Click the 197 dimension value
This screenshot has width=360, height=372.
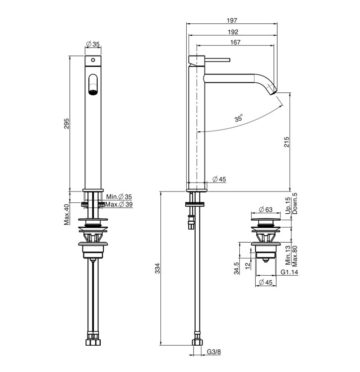pyautogui.click(x=232, y=20)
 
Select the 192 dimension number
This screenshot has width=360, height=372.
pyautogui.click(x=233, y=32)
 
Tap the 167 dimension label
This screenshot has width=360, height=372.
pyautogui.click(x=235, y=42)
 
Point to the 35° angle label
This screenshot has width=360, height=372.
pyautogui.click(x=239, y=118)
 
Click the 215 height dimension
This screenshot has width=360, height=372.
pyautogui.click(x=287, y=142)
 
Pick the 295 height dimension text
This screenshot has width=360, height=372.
pyautogui.click(x=67, y=124)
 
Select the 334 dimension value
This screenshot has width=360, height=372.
pyautogui.click(x=158, y=268)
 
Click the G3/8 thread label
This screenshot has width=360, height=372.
pyautogui.click(x=214, y=352)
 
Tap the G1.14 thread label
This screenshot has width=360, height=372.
pyautogui.click(x=289, y=272)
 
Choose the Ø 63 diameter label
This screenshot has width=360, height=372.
pyautogui.click(x=266, y=209)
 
